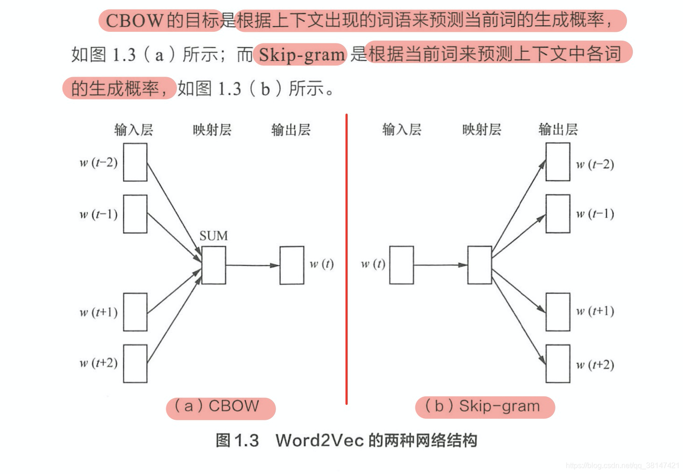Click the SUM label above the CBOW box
click(213, 236)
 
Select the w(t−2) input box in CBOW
click(135, 162)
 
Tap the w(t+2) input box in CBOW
click(135, 364)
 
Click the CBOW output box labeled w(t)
click(292, 265)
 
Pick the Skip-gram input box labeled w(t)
click(401, 265)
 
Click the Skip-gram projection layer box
click(479, 265)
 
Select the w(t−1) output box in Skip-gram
click(558, 214)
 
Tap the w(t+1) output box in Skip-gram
click(558, 312)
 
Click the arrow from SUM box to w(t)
click(252, 265)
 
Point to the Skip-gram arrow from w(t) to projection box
click(440, 265)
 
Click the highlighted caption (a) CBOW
click(220, 407)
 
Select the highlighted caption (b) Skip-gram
click(484, 406)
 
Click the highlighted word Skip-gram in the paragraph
click(302, 55)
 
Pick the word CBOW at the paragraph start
click(135, 21)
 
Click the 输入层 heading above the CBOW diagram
click(134, 129)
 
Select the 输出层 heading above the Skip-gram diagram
click(558, 129)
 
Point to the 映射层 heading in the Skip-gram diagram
click(482, 129)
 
